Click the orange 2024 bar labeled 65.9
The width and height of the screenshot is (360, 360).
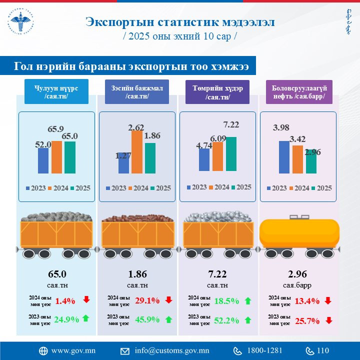coord(56,157)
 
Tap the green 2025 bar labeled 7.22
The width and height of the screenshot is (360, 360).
coord(231,153)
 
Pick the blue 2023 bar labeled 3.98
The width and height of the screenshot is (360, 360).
coord(284,157)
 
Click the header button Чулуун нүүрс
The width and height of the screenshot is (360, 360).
coord(56,92)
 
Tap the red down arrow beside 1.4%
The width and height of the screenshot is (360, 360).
coord(86,300)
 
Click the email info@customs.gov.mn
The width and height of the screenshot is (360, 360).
coord(171,350)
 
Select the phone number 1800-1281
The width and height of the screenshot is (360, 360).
coord(264,350)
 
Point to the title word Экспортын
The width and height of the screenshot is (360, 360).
coord(116,22)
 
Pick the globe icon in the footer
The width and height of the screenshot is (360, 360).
coord(43,350)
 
